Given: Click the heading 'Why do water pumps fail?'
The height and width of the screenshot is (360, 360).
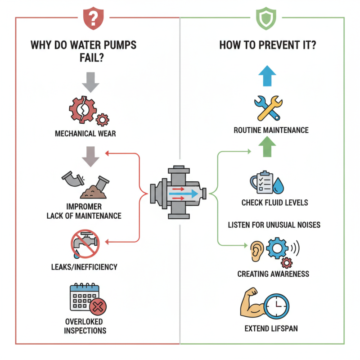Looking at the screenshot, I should click(83, 51).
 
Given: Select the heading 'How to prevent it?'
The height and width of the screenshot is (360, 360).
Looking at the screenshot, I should click(268, 45).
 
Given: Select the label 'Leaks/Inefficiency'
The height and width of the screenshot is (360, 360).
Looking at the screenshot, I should click(84, 267).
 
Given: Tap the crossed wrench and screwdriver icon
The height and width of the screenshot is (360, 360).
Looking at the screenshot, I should click(267, 107).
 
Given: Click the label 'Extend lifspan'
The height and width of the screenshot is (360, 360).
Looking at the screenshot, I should click(271, 328).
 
